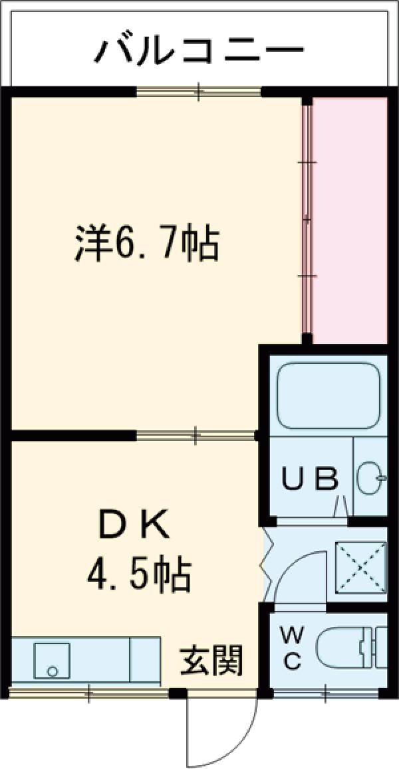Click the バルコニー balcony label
click(x=199, y=50)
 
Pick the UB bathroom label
click(x=310, y=478)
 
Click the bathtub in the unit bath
click(x=328, y=396)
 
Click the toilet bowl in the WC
click(x=346, y=647)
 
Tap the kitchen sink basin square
click(x=53, y=660)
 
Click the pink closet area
click(x=349, y=219)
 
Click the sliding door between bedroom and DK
click(x=196, y=436)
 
